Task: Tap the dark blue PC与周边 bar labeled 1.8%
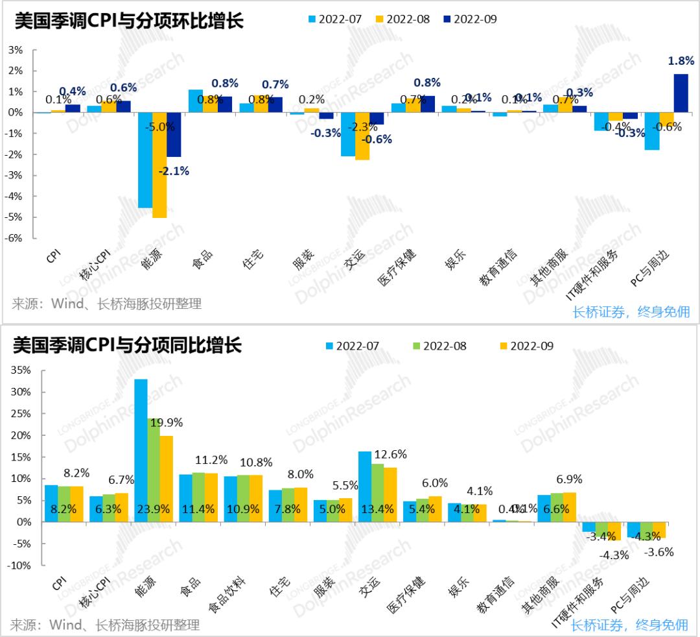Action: click(x=681, y=93)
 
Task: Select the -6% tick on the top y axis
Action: click(x=15, y=238)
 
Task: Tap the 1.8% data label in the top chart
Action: click(x=681, y=60)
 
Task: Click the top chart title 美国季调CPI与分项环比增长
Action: click(x=128, y=21)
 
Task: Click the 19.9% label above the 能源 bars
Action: click(x=167, y=423)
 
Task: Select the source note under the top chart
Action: click(x=107, y=304)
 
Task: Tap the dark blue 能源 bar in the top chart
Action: click(x=174, y=134)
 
